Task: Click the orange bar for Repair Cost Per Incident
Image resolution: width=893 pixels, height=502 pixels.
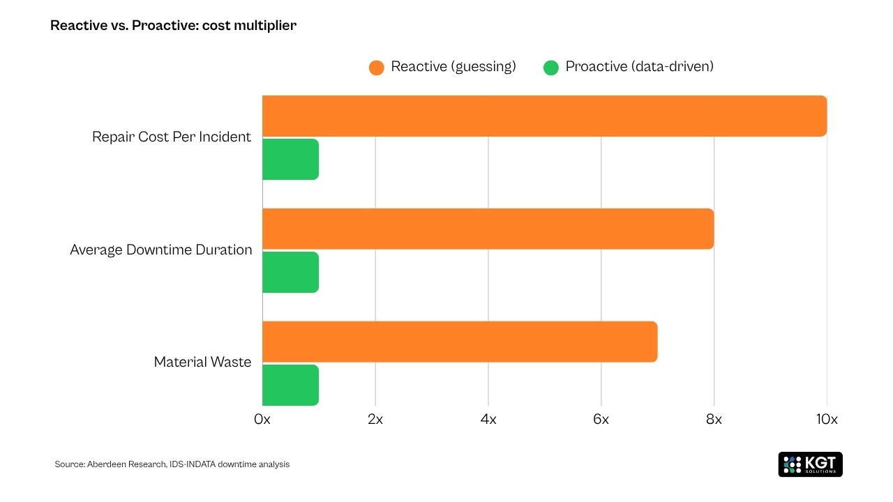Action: [x=544, y=116]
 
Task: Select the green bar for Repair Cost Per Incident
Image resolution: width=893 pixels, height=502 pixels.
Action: [x=290, y=159]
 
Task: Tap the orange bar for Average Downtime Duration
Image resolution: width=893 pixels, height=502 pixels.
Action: [x=488, y=229]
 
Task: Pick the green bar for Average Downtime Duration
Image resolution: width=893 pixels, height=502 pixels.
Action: [x=290, y=272]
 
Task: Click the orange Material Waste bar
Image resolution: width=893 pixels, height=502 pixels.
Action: [x=460, y=342]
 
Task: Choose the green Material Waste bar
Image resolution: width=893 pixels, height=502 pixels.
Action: [x=290, y=385]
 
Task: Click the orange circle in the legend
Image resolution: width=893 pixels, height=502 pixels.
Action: [x=377, y=68]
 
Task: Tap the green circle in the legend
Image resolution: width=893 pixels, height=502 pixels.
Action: [x=551, y=68]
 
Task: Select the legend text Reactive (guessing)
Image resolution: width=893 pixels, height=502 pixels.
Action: [x=453, y=67]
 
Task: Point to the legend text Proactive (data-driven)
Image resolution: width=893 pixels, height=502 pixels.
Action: [x=639, y=67]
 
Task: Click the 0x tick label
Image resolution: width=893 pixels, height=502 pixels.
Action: [x=262, y=420]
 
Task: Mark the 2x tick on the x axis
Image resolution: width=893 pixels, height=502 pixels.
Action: [x=375, y=420]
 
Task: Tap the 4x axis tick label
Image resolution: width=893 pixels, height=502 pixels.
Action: [x=488, y=420]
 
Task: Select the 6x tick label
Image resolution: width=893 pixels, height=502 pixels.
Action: [x=601, y=420]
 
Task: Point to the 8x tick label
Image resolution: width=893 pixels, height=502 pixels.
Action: [x=714, y=420]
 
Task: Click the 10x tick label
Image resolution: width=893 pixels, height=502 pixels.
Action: [x=827, y=420]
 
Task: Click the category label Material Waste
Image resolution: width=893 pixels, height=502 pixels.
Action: [x=202, y=363]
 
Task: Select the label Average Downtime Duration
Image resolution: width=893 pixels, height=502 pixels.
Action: [x=161, y=250]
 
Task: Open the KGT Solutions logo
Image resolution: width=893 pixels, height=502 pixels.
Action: [x=810, y=464]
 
